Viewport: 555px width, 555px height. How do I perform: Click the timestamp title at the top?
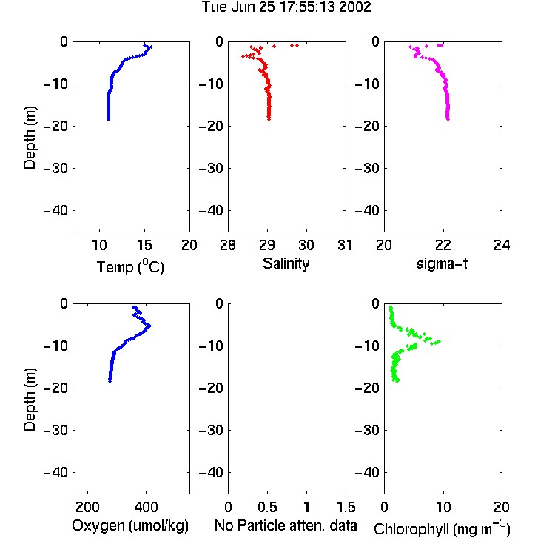(x=286, y=7)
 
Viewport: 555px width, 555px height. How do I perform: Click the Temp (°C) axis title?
(x=130, y=267)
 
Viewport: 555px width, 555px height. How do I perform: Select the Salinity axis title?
(x=286, y=263)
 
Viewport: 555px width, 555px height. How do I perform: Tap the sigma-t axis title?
(x=442, y=263)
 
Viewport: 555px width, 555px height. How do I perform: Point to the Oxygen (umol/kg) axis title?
(x=130, y=526)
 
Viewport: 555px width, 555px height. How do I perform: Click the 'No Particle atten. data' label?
(x=286, y=525)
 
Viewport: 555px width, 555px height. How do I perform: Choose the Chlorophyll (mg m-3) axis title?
(x=442, y=528)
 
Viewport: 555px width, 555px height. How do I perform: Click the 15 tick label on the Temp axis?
(x=144, y=245)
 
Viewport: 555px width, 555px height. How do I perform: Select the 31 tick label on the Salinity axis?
(x=345, y=245)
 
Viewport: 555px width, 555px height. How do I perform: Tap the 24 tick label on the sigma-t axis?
(x=502, y=245)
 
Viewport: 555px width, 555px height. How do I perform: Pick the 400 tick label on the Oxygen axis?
(x=147, y=507)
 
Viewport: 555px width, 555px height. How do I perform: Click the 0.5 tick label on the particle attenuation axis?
(x=267, y=507)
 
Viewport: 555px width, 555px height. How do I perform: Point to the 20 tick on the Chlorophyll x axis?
(x=502, y=507)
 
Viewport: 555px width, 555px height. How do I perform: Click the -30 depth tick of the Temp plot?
(x=56, y=168)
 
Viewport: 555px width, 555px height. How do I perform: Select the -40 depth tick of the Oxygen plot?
(x=56, y=472)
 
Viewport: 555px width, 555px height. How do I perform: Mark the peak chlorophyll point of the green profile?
(x=439, y=342)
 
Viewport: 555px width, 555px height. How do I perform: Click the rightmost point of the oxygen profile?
(x=149, y=326)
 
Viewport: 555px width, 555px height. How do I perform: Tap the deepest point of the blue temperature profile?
(x=108, y=119)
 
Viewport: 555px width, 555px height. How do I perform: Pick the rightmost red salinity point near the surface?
(x=297, y=45)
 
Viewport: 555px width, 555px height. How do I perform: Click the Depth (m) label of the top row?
(x=30, y=138)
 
